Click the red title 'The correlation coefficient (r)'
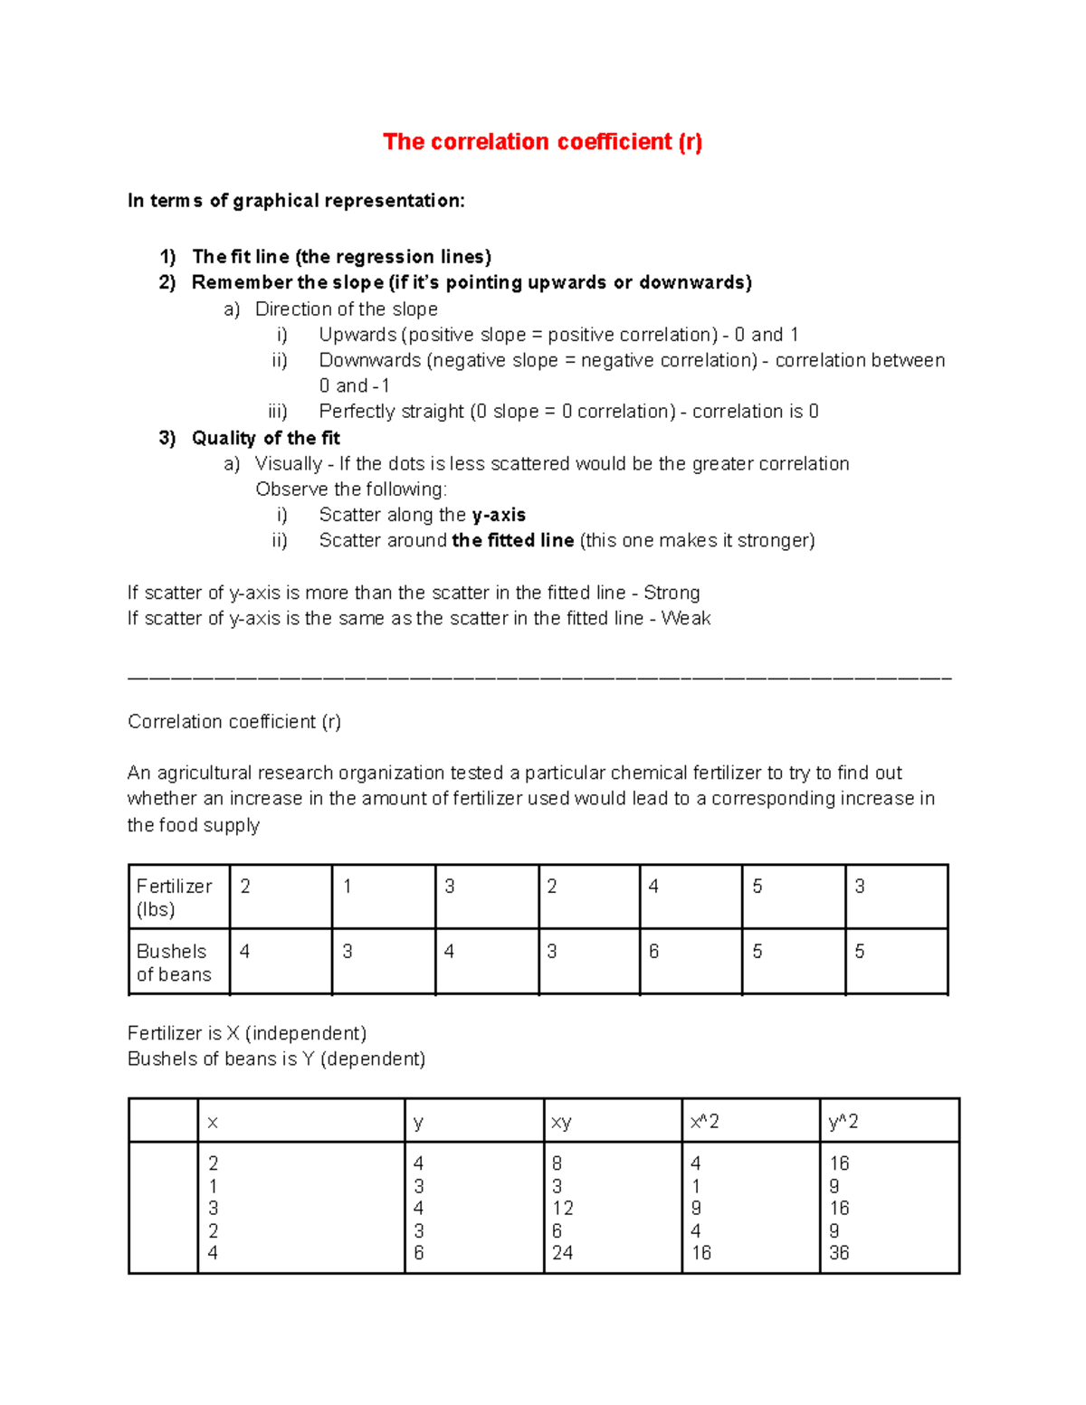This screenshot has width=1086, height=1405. [x=542, y=142]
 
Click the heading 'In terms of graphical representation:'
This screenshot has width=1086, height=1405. [x=296, y=201]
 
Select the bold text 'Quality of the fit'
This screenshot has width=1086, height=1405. [x=265, y=439]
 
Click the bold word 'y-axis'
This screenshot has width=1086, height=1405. [x=499, y=515]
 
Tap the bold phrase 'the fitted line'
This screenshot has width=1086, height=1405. [x=512, y=541]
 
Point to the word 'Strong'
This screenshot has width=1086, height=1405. [x=672, y=593]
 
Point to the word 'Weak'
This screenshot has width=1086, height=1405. [x=685, y=619]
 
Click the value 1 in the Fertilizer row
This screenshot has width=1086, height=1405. [x=347, y=887]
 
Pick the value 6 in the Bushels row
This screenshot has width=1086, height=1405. [x=653, y=952]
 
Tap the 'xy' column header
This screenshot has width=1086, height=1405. [x=561, y=1123]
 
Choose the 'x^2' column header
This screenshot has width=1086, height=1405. [x=704, y=1122]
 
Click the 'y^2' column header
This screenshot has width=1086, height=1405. [x=843, y=1122]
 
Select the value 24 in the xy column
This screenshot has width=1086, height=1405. [x=562, y=1253]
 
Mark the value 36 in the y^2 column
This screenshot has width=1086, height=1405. [x=839, y=1253]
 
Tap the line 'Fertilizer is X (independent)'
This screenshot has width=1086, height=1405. [x=247, y=1033]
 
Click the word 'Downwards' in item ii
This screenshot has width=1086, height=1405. [x=370, y=361]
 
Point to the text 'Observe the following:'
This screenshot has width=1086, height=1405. [x=351, y=489]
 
